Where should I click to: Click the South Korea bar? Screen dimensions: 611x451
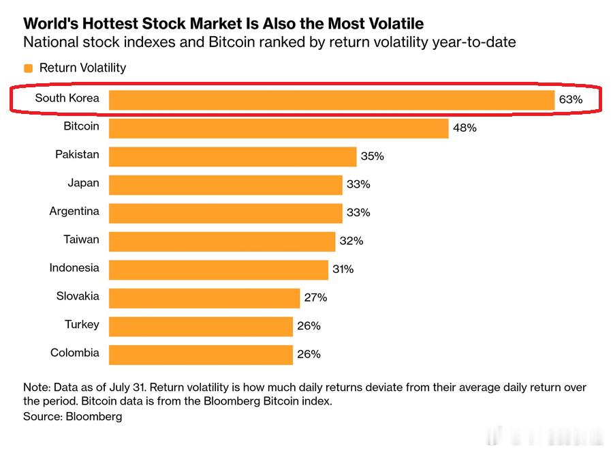(332, 100)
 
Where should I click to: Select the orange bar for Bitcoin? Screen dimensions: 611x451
(279, 128)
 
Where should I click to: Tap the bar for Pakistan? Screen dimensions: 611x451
(233, 156)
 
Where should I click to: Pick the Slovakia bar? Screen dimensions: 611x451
(204, 298)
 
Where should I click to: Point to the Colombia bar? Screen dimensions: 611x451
(201, 355)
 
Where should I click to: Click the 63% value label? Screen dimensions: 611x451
(571, 100)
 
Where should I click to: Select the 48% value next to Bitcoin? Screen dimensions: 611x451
(465, 128)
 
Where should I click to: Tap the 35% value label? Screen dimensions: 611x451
(372, 156)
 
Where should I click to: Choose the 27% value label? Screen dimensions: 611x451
(315, 298)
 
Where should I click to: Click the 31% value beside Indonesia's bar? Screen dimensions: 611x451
(343, 270)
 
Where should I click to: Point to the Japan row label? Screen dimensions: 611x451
(83, 184)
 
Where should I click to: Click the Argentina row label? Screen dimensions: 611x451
(74, 212)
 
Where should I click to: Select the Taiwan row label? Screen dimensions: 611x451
(82, 239)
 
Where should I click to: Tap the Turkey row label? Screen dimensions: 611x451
(82, 325)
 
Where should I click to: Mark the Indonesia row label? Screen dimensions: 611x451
(74, 268)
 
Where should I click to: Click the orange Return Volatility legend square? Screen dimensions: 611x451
(28, 68)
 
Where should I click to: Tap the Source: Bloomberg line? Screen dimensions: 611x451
(72, 417)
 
